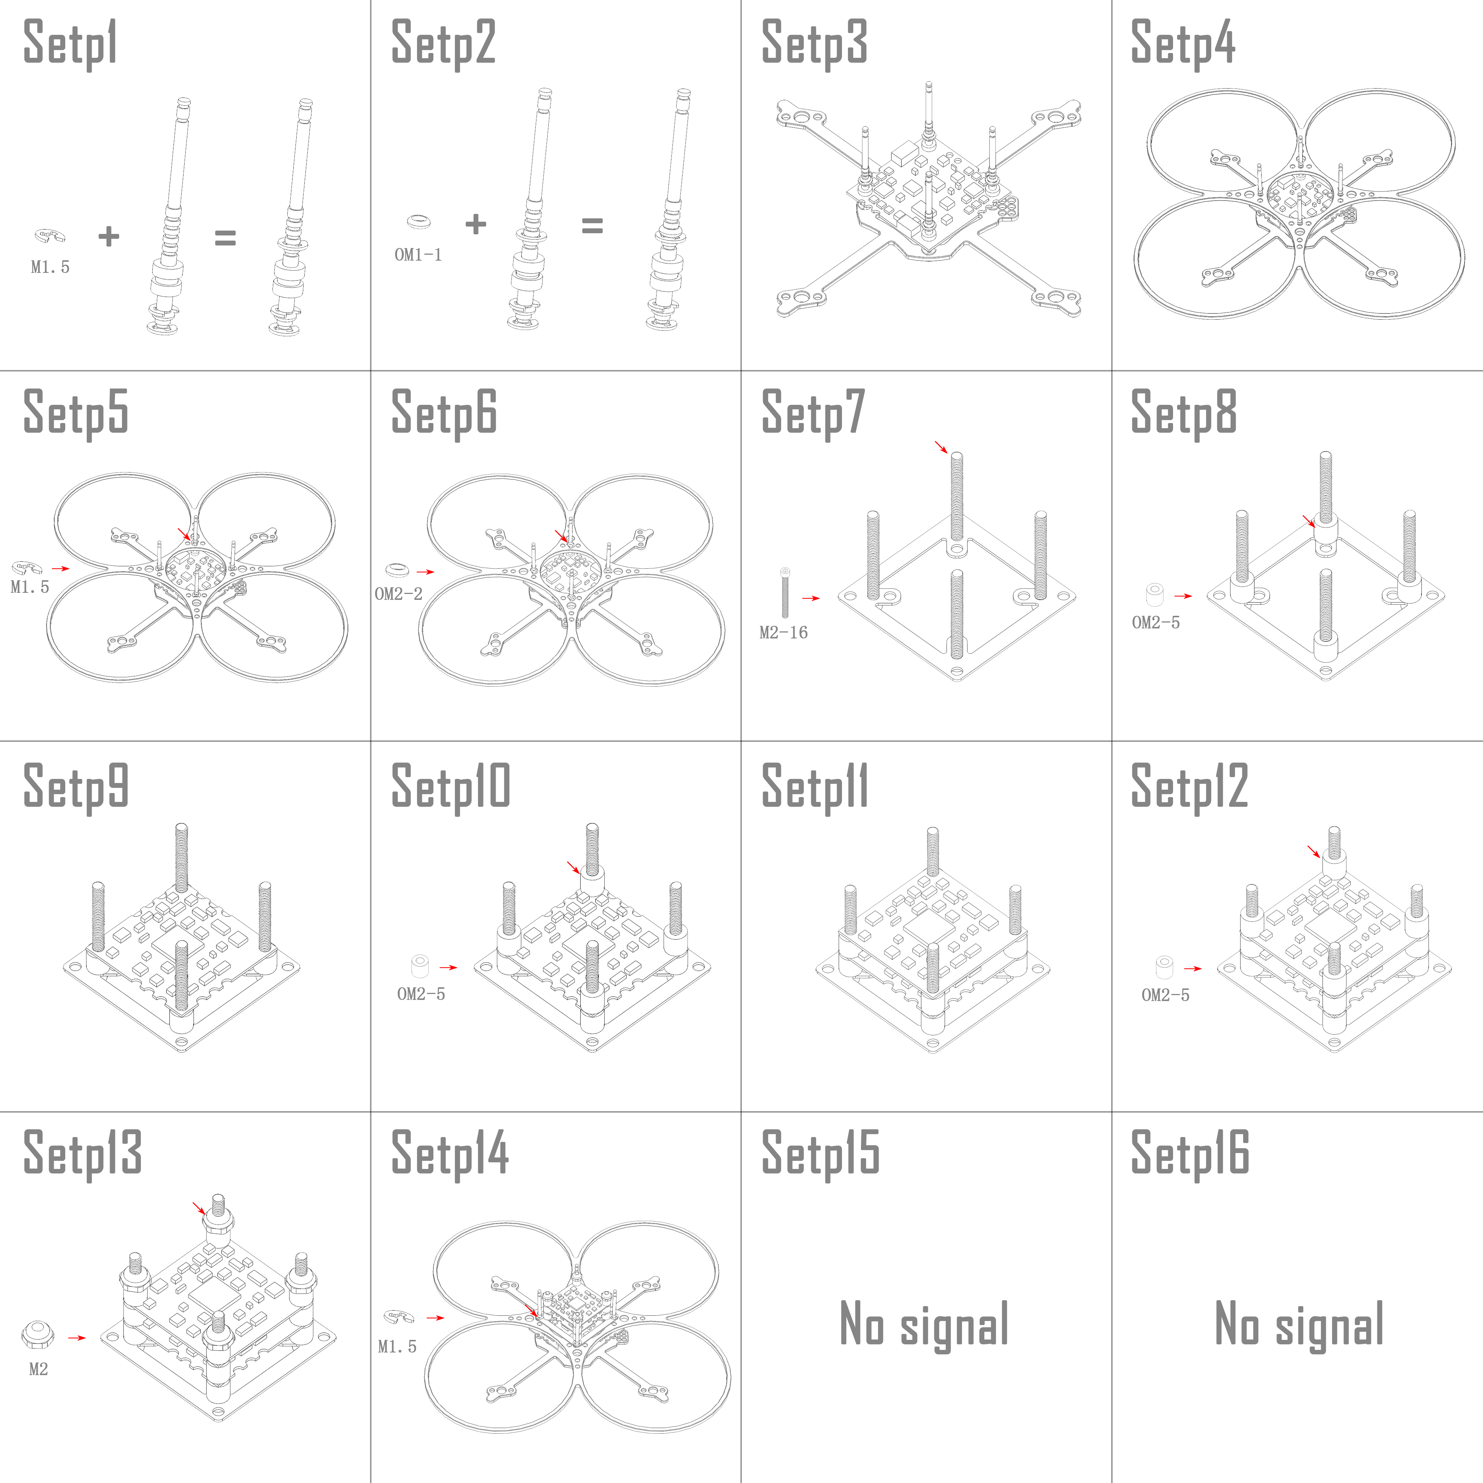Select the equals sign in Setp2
point(592,226)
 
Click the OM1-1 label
point(418,255)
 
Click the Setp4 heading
point(1183,44)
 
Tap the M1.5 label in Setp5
point(30,587)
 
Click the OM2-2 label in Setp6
point(399,594)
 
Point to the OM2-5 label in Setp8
point(1155,622)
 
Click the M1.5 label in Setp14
point(397,1346)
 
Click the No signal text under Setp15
point(924,1324)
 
